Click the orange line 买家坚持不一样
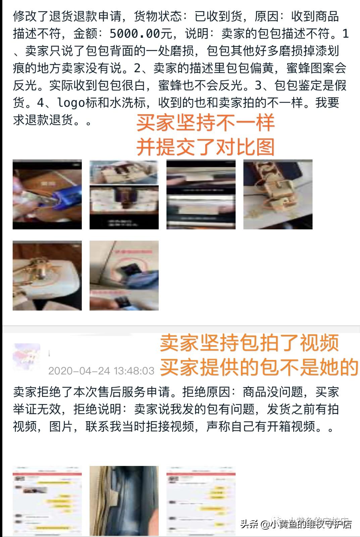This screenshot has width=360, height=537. (205, 123)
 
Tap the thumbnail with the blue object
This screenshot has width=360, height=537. (47, 194)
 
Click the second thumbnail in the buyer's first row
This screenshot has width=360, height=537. (124, 194)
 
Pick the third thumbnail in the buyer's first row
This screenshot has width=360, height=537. (201, 194)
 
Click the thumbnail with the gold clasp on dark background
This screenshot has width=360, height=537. (278, 194)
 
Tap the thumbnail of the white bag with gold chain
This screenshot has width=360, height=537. (47, 276)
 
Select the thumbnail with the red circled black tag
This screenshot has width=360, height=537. (124, 276)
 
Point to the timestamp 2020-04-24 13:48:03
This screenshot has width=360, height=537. (101, 371)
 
